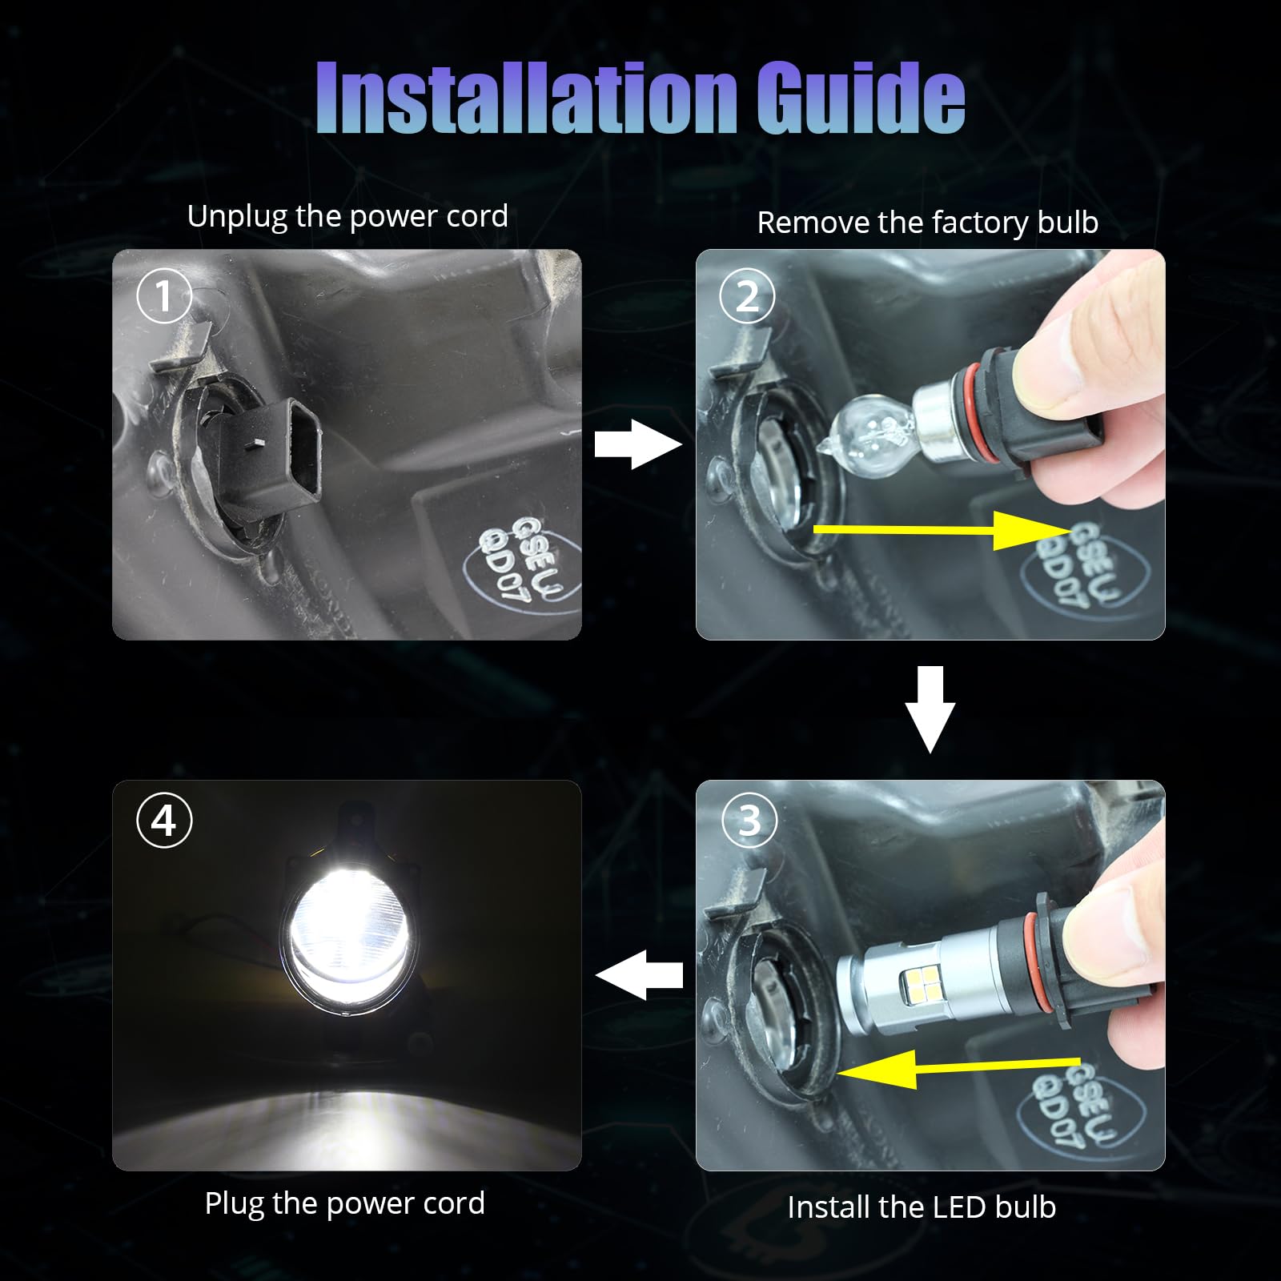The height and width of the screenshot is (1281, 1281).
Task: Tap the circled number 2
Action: point(747,296)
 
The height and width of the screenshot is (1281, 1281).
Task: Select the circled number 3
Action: point(749,821)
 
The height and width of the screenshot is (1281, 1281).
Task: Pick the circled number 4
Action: point(164,821)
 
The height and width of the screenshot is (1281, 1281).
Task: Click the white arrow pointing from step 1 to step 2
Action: point(638,444)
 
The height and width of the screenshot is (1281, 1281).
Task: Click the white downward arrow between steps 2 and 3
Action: point(930,709)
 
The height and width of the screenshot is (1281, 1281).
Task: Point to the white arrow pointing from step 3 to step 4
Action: point(639,974)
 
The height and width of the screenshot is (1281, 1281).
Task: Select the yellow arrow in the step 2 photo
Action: point(942,529)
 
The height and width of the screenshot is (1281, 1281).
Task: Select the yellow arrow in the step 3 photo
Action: point(958,1069)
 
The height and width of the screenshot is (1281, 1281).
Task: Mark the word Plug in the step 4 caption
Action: point(234,1204)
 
